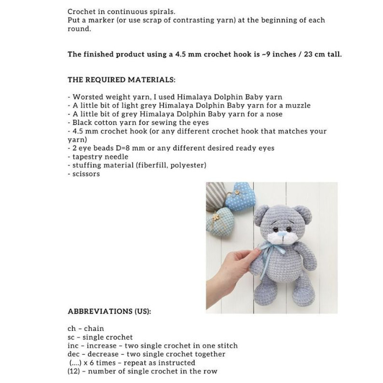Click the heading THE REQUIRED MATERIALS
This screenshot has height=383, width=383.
point(121,80)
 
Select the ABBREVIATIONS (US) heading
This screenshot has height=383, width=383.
point(109,311)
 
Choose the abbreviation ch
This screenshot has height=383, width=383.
point(71,329)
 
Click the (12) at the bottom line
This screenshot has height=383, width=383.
point(73,371)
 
